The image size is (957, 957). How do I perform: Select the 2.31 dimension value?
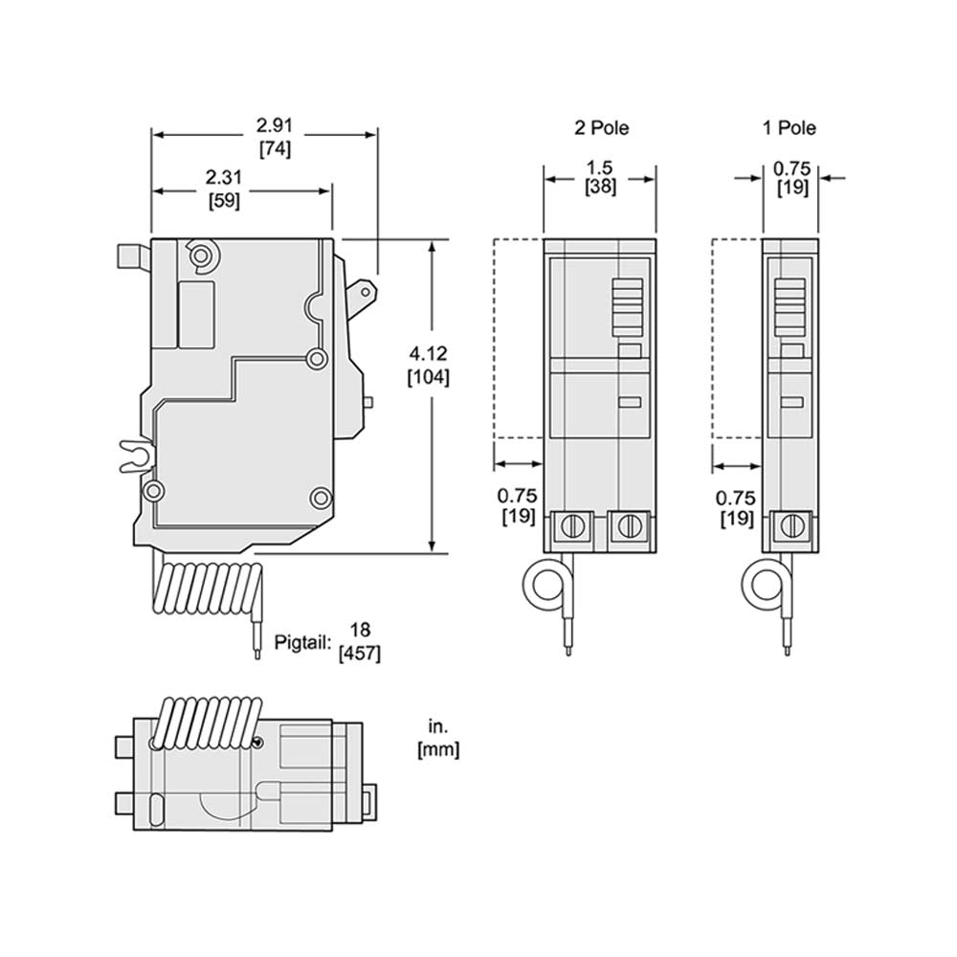(223, 178)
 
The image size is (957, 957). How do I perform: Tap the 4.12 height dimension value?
(429, 355)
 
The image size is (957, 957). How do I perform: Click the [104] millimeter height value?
(429, 377)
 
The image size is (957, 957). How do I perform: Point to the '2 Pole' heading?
(601, 127)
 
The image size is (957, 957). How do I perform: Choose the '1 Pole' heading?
(789, 127)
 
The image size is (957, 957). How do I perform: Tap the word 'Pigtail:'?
(306, 640)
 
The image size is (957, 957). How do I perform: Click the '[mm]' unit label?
(438, 750)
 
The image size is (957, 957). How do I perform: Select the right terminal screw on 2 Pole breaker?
(627, 525)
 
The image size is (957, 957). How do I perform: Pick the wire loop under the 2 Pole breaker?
(548, 585)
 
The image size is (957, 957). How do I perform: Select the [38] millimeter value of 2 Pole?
(600, 188)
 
